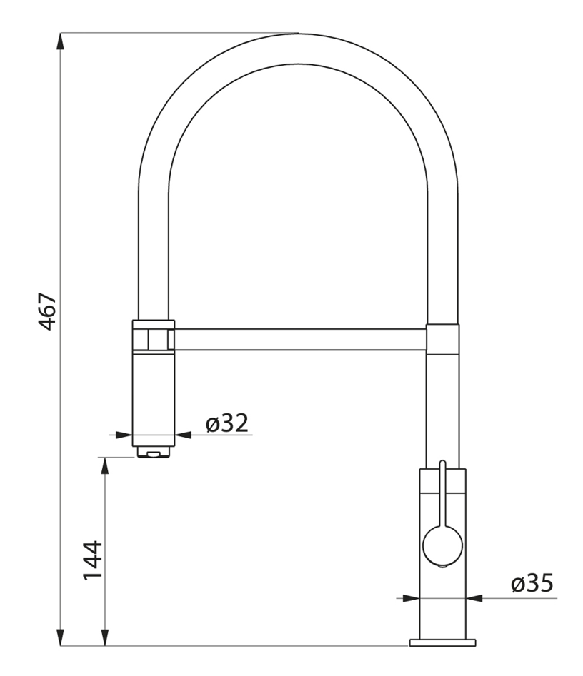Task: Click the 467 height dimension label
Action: [x=47, y=311]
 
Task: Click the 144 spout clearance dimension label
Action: [x=92, y=560]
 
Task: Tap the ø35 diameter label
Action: [x=532, y=583]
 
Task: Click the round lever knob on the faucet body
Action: [x=442, y=545]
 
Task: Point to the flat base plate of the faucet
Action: [x=443, y=642]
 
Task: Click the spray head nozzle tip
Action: [x=153, y=453]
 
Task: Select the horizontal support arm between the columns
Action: [x=300, y=339]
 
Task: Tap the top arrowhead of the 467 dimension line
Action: [x=61, y=42]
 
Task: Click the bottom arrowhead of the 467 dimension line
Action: [x=61, y=636]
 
